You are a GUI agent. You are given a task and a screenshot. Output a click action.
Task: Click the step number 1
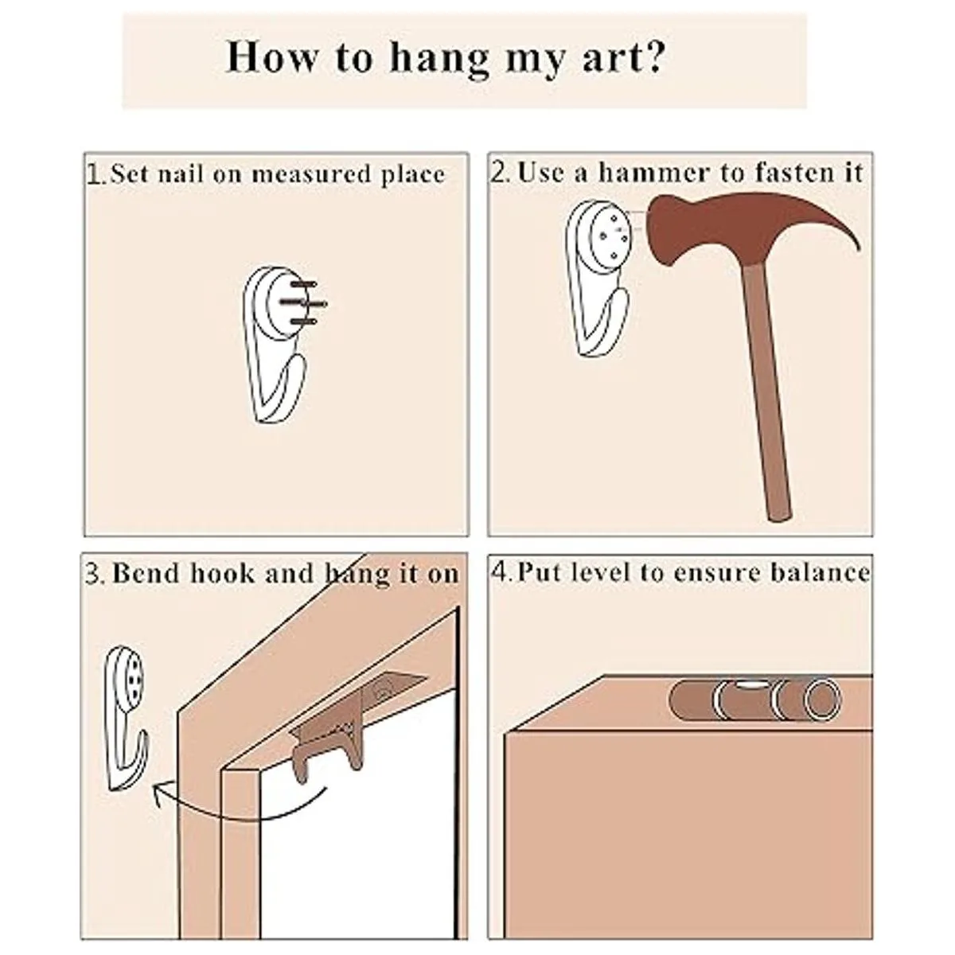click(92, 174)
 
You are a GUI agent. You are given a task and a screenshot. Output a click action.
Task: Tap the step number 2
click(497, 173)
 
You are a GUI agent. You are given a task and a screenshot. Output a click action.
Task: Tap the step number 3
click(92, 575)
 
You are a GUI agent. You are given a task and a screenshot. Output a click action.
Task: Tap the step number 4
click(497, 573)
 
